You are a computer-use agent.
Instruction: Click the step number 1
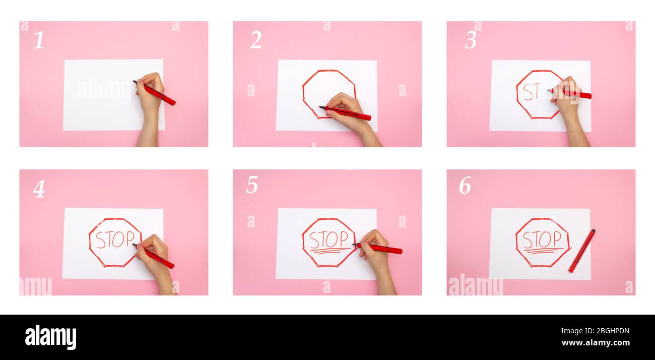[x=39, y=40]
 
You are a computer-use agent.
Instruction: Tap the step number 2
[x=255, y=40]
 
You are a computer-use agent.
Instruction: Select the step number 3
[x=470, y=40]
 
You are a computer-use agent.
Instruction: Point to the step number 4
[x=39, y=189]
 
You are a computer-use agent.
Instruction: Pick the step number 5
[x=252, y=185]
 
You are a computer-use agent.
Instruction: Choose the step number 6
[x=465, y=186]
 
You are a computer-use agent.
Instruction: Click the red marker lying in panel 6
[x=581, y=251]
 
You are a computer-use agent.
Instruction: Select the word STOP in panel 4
[x=115, y=239]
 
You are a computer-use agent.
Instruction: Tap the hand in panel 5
[x=375, y=250]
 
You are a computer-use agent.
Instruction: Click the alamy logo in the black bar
[x=50, y=337]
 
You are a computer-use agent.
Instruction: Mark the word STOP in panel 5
[x=329, y=238]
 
